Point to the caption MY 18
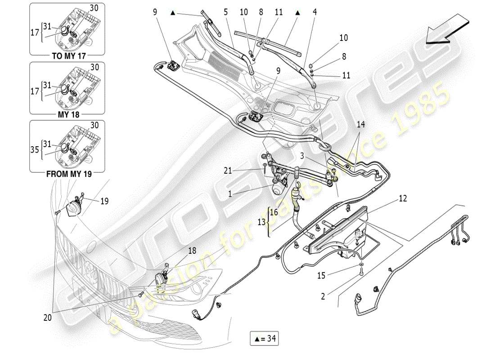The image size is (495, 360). (x=68, y=115)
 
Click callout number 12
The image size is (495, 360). (x=402, y=198)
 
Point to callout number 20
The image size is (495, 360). (x=48, y=318)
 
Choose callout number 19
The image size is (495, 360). (x=104, y=202)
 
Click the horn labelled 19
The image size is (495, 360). (x=72, y=209)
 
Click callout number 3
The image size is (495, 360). (x=304, y=155)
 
